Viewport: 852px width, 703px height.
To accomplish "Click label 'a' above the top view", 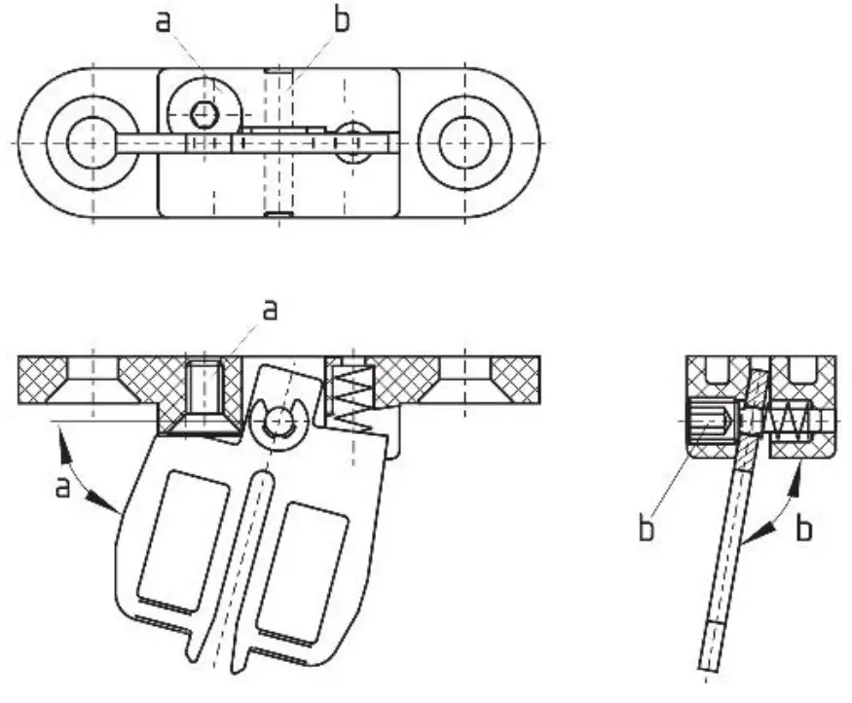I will [163, 20].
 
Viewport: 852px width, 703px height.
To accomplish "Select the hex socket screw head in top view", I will [204, 116].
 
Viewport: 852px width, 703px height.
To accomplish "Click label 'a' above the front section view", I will [271, 310].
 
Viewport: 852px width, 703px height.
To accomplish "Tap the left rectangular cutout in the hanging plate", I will [175, 536].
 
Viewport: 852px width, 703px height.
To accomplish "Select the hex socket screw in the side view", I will [708, 424].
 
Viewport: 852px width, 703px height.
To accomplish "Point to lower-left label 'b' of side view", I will [646, 531].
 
